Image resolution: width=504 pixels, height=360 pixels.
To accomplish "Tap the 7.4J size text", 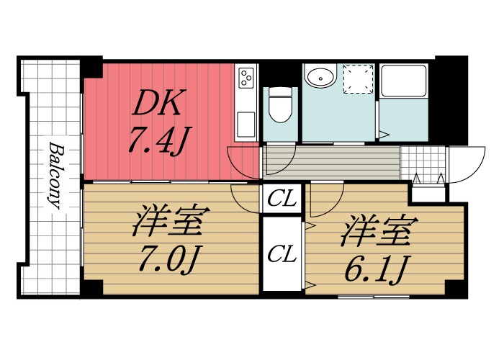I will pyautogui.click(x=158, y=140).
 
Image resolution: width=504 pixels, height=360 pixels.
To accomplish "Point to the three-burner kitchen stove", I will pyautogui.click(x=247, y=77).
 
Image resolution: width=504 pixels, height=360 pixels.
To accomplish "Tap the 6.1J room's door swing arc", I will pyautogui.click(x=326, y=197).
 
